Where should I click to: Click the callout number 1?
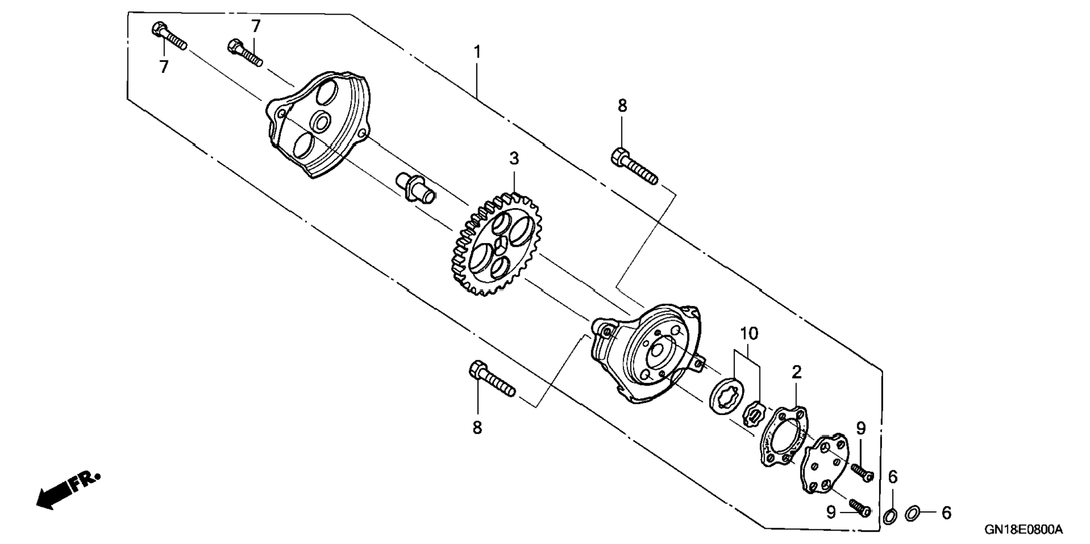477,52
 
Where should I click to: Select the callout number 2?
796,372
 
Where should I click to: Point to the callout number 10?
749,334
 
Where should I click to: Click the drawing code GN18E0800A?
1023,529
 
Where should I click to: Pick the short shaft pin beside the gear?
416,188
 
